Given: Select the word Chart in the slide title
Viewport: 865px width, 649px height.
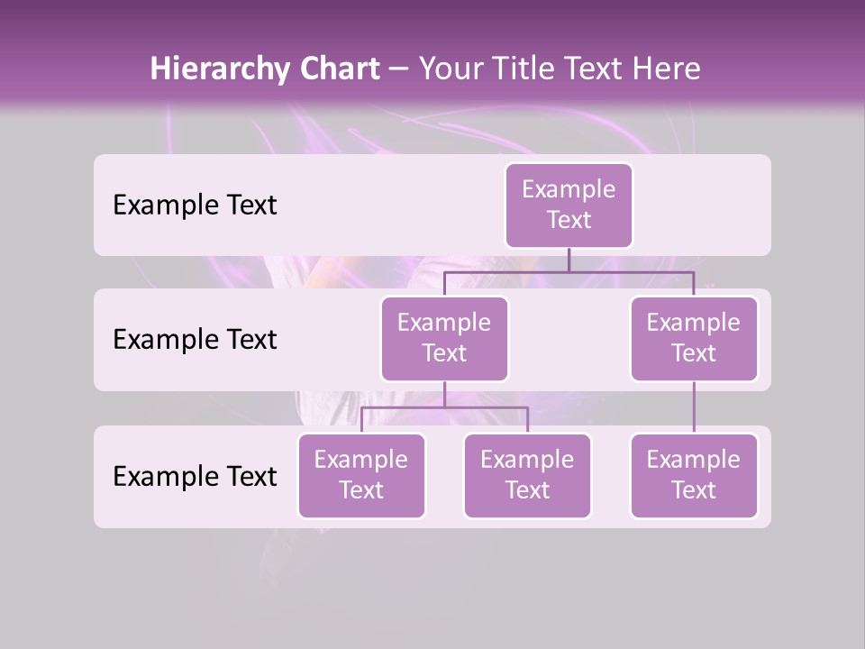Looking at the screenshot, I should pos(335,69).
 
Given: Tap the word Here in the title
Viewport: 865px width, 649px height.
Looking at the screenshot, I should pos(667,69).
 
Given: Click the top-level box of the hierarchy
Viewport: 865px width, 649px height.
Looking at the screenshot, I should pos(569,206).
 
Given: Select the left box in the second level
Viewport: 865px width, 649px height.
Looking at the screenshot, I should pos(444,338).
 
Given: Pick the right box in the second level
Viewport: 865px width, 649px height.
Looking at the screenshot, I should pos(694,338).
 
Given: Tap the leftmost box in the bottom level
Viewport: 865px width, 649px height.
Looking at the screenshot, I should pos(361,475).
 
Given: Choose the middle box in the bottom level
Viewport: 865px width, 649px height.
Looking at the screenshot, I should pos(527,475).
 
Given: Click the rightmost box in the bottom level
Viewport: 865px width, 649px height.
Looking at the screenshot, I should pos(694,475).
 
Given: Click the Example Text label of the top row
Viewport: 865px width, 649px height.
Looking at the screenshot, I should pos(195,206).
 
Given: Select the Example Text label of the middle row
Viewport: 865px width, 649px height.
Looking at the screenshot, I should pos(195,340).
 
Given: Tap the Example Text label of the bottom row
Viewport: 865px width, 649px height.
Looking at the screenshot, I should pos(195,476).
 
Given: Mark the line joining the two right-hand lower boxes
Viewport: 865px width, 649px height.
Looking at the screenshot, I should pos(694,407).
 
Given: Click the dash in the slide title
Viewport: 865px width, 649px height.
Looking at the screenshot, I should pos(399,69).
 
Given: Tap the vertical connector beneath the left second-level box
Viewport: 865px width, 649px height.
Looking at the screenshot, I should pos(444,394).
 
